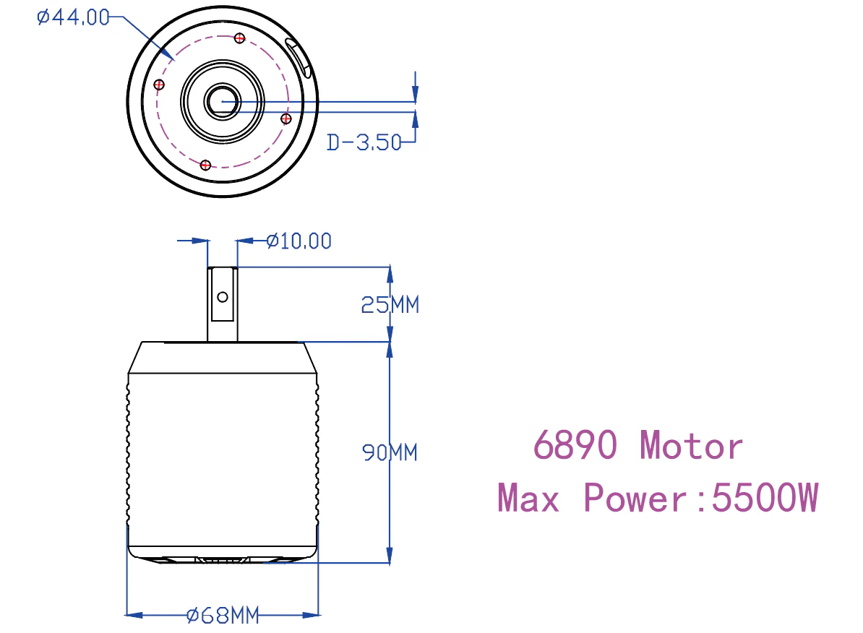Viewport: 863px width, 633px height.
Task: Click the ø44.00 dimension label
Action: (73, 17)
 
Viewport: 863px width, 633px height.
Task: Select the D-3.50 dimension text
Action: (364, 142)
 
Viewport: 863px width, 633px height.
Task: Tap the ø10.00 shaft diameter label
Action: (299, 241)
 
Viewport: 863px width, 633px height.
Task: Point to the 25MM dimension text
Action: (390, 305)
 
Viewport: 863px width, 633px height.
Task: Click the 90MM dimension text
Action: (390, 453)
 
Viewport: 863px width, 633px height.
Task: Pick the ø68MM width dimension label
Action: (223, 616)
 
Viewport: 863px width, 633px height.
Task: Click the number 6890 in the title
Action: (575, 445)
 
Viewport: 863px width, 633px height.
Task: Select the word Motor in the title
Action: (691, 445)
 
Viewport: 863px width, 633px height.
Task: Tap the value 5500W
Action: (765, 498)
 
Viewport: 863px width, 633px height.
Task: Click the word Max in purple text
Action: (528, 498)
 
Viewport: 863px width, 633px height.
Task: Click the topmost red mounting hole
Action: (241, 38)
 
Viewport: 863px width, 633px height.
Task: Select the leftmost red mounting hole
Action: (160, 85)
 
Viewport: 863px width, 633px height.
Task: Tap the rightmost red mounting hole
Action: (285, 118)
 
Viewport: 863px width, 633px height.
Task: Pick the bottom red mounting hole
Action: (206, 165)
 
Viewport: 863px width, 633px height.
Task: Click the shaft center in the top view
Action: (223, 101)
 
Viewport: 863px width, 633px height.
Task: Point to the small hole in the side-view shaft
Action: (223, 296)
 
